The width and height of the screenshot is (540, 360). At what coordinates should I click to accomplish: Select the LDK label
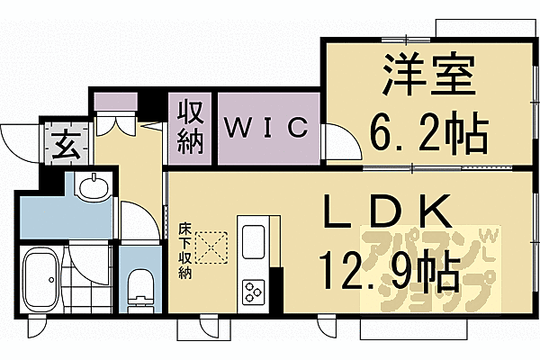[x=386, y=213]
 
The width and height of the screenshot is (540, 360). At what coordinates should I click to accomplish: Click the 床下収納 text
[x=184, y=251]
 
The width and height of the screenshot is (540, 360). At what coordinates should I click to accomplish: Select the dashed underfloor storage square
[x=212, y=247]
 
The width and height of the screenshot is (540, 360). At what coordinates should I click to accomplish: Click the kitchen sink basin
[x=252, y=241]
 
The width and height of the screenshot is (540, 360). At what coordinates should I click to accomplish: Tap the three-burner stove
[x=252, y=290]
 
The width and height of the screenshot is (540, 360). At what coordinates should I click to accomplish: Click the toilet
[x=139, y=287]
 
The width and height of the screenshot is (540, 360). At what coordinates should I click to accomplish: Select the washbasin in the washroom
[x=91, y=188]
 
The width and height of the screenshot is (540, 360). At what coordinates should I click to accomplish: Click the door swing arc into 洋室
[x=337, y=143]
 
